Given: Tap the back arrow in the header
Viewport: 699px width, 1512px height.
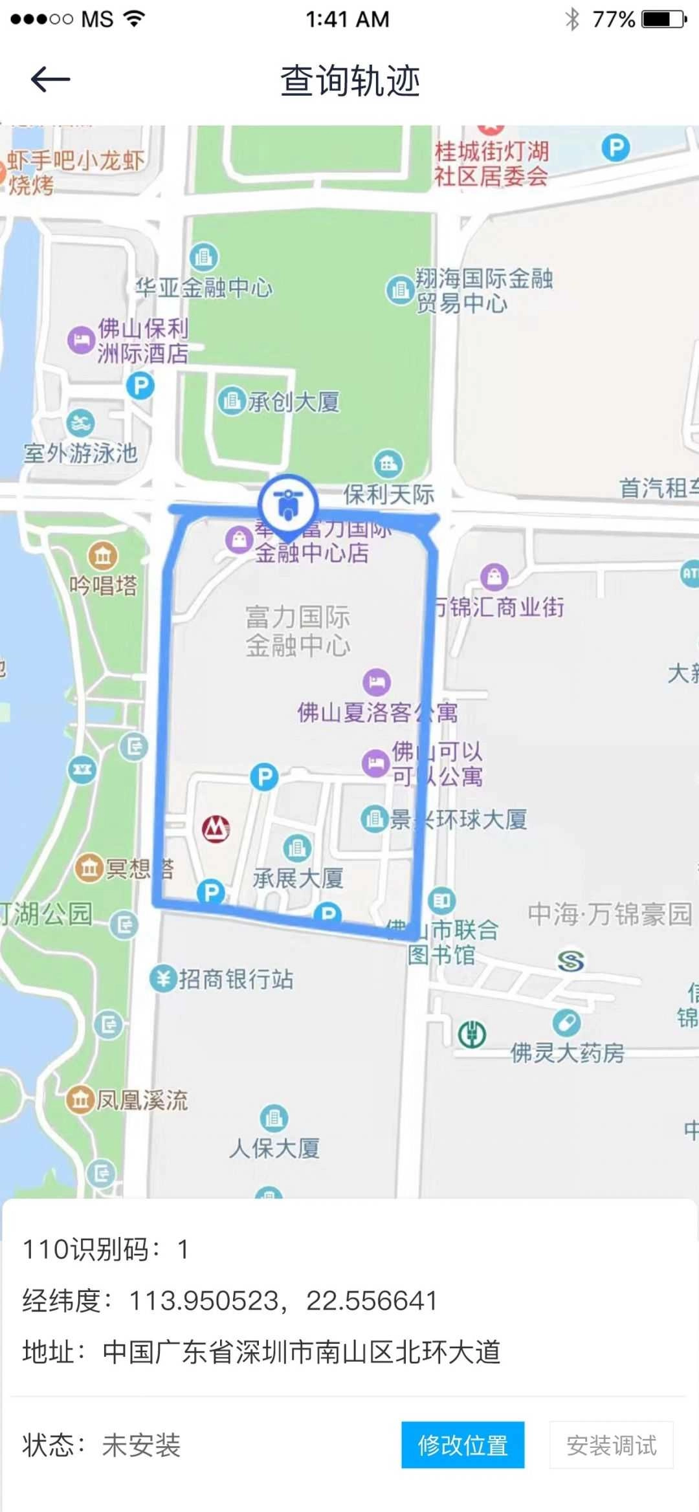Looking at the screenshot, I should coord(50,80).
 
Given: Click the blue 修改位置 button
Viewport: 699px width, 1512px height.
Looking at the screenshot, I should coord(462,1445).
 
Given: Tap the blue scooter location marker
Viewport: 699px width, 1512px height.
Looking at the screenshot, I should coord(287,503).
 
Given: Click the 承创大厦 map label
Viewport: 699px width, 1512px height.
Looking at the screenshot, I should coord(293,402).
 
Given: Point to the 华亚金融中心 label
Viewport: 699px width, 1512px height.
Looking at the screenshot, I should coord(204,287).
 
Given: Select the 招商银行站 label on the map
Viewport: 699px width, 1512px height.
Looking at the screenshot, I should coord(235,979).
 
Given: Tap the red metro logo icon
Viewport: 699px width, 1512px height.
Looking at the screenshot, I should coord(216,828).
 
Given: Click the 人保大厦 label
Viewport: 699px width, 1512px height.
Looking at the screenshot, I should coord(274,1148).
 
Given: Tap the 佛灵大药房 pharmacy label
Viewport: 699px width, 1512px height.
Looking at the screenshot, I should coord(567,1053).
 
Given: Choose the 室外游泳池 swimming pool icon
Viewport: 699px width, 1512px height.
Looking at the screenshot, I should coord(80,424).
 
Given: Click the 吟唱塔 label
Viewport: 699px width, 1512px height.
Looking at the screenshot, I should coord(104,586).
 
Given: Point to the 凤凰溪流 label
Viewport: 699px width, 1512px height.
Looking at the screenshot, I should coord(142,1100).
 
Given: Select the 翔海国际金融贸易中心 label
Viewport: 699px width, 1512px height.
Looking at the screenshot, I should coord(483,290).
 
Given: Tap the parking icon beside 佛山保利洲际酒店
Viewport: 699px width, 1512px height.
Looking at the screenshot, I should coord(140,387).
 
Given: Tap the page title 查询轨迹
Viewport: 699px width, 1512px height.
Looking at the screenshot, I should coord(349,81).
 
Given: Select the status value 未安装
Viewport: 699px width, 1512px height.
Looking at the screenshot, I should coord(141,1445).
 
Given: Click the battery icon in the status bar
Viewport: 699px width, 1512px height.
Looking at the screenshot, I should coord(663,19).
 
